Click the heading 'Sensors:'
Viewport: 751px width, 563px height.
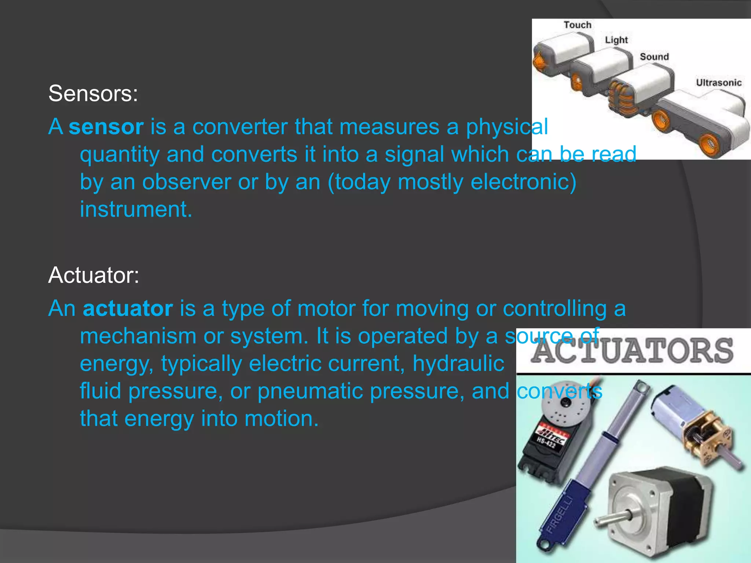coord(93,93)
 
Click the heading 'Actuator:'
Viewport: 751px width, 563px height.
coord(94,275)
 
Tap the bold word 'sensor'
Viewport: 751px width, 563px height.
coord(106,127)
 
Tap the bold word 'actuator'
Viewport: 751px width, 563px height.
coord(128,308)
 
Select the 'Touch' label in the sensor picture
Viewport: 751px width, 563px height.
coord(578,25)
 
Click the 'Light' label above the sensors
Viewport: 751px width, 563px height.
coord(616,40)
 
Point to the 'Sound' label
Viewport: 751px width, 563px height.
coord(654,57)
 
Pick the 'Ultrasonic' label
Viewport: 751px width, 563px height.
coord(719,83)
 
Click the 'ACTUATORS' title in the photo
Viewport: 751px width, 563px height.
coord(633,351)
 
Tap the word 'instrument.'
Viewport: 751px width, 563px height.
coord(136,210)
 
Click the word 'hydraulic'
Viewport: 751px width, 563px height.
coord(458,364)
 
